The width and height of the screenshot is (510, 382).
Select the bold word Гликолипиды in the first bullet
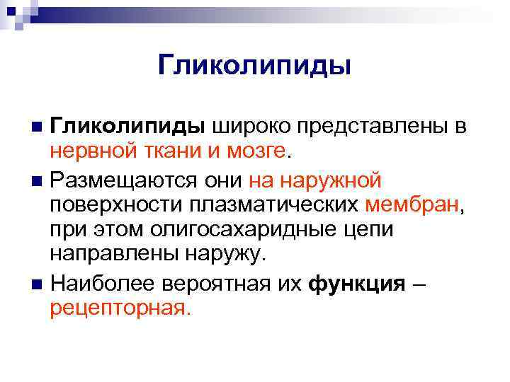[127, 127]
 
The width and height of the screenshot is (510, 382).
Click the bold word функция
[358, 284]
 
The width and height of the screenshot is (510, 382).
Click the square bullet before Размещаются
[37, 181]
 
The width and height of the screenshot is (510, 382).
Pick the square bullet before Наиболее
[37, 285]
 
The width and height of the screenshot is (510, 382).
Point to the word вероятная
[214, 284]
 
